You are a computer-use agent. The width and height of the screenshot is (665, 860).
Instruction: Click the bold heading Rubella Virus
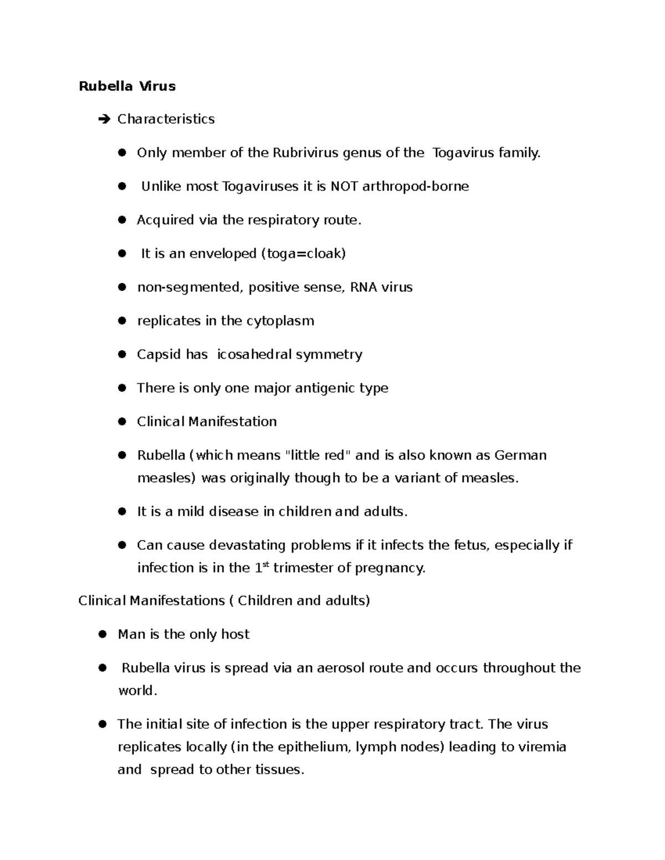[127, 86]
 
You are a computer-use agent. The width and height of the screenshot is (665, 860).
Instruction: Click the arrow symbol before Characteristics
[104, 119]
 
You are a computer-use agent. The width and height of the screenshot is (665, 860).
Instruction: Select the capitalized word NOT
[344, 186]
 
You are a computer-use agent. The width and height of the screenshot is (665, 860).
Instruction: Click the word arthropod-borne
[415, 186]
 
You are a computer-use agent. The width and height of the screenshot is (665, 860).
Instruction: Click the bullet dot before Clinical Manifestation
[122, 422]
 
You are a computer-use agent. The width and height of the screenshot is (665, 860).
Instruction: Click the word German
[520, 455]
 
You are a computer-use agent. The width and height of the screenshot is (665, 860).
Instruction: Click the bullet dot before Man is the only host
[103, 635]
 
